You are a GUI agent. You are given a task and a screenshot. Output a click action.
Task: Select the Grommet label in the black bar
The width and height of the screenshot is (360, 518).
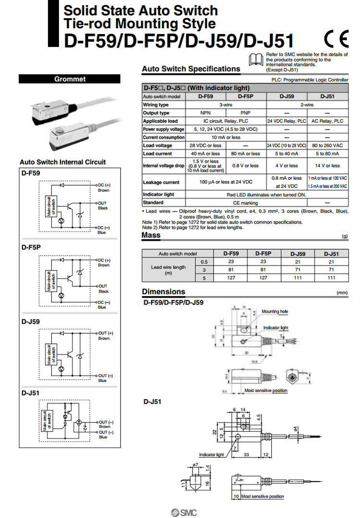[70, 79]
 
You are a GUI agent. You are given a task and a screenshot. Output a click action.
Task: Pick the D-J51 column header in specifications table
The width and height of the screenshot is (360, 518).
[328, 96]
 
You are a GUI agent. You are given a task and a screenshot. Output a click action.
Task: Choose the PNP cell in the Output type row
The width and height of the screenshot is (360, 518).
[245, 113]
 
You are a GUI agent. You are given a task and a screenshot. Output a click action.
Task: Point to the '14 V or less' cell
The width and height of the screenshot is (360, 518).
[328, 165]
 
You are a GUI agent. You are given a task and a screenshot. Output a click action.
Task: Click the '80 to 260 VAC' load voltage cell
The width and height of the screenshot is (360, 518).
[328, 145]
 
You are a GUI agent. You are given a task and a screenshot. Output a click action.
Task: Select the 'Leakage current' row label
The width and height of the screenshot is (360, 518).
[161, 182]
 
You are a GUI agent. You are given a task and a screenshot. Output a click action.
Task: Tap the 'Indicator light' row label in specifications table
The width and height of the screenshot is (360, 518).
[158, 195]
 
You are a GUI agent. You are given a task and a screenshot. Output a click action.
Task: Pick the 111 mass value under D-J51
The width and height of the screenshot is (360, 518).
[331, 277]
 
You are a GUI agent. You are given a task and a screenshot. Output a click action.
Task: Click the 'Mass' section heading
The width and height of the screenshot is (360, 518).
[151, 235]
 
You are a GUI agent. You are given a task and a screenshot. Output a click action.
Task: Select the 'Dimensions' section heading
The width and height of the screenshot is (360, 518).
[163, 292]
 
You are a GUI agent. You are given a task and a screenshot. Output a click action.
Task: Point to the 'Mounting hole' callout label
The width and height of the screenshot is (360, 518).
[275, 312]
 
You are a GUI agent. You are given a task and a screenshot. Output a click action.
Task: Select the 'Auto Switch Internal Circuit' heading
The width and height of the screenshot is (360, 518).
[62, 162]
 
